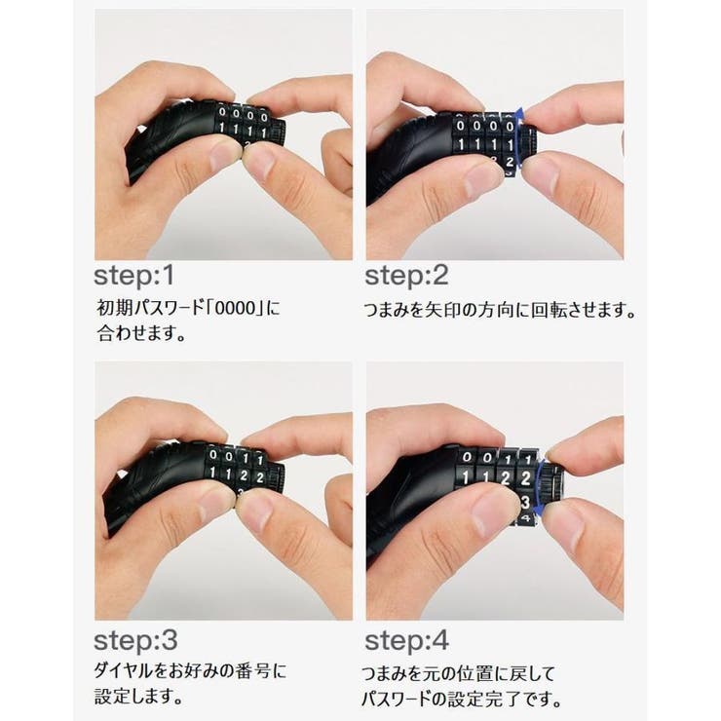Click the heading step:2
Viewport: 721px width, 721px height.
[x=406, y=275]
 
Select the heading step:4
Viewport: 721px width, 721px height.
[x=406, y=641]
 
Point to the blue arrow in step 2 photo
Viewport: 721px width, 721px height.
[x=522, y=136]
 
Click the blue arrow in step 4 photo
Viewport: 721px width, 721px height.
[x=542, y=476]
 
